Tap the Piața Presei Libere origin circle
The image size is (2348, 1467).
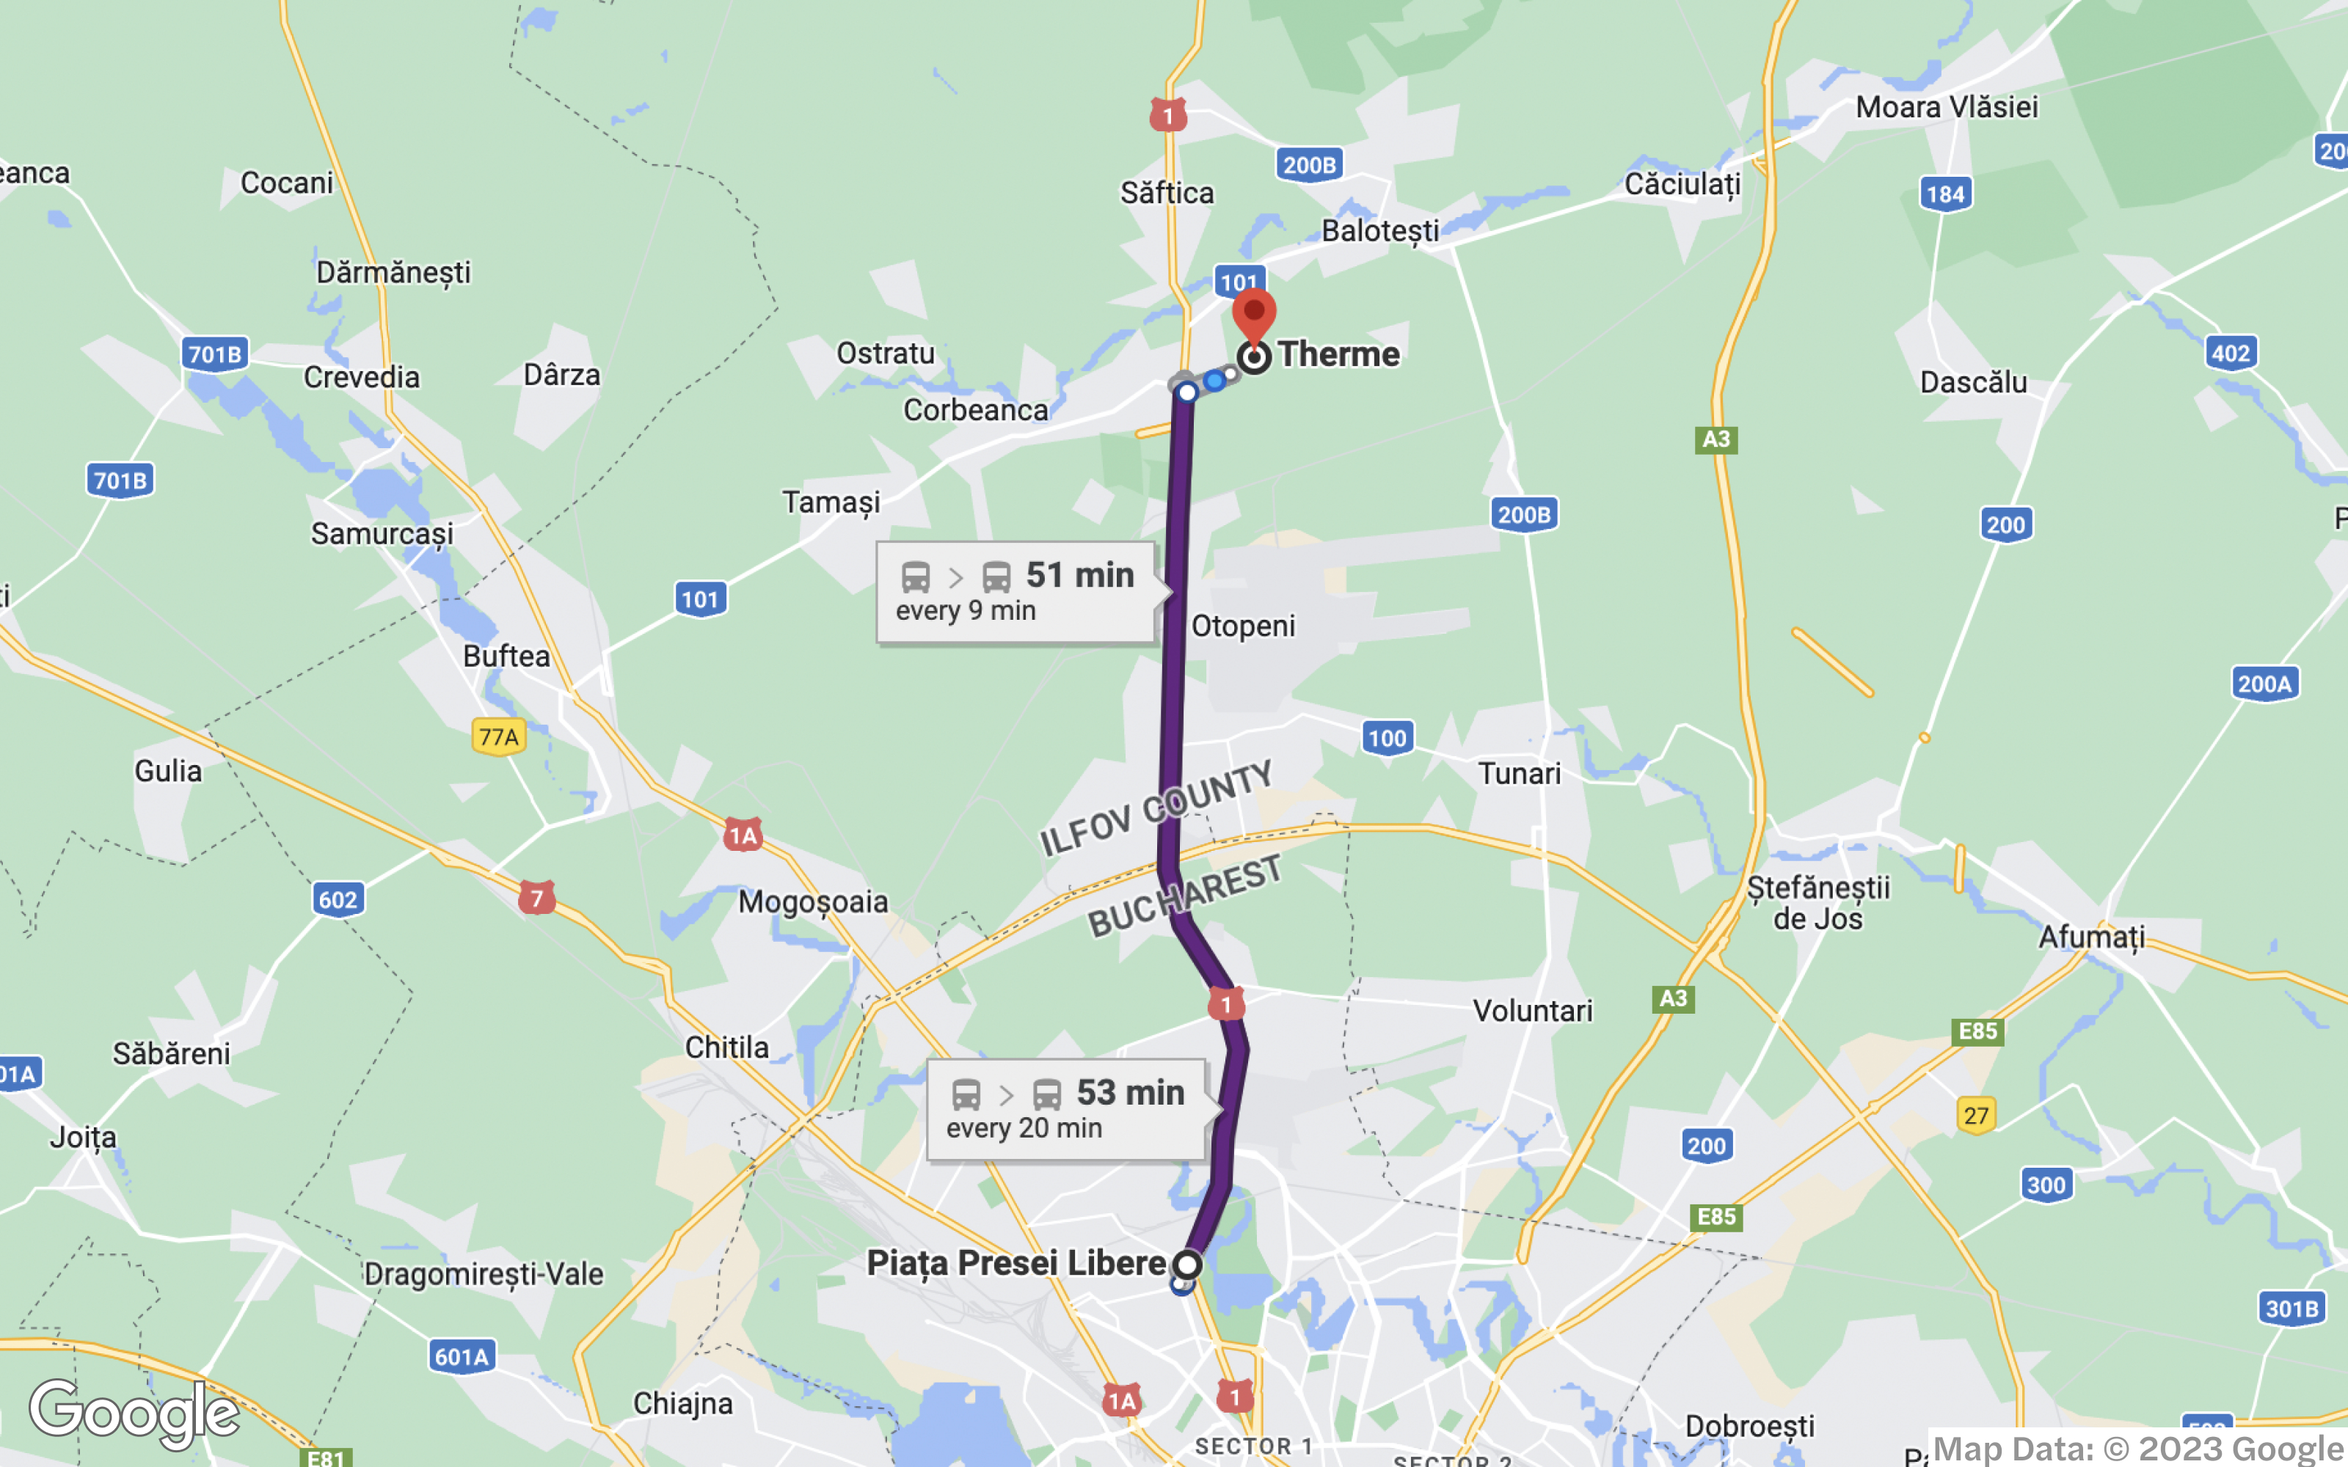coord(1186,1265)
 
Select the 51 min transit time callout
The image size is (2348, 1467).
coord(1016,591)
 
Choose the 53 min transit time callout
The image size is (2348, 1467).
coord(1066,1109)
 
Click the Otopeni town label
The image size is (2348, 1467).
coord(1243,626)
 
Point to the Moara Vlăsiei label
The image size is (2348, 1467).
coord(1947,107)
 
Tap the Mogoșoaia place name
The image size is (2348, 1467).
coord(813,902)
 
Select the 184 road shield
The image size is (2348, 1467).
coord(1945,194)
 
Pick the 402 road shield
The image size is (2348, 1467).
coord(2230,353)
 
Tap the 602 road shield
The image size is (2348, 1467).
coord(338,899)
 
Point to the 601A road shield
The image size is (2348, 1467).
coord(461,1356)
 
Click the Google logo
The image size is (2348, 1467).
coord(134,1412)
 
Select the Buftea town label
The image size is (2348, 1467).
coord(506,656)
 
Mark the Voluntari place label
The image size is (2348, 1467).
coord(1532,1011)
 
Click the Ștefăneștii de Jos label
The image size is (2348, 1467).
coord(1817,902)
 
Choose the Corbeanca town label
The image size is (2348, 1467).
coord(975,411)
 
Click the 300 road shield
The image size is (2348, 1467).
coord(2046,1185)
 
